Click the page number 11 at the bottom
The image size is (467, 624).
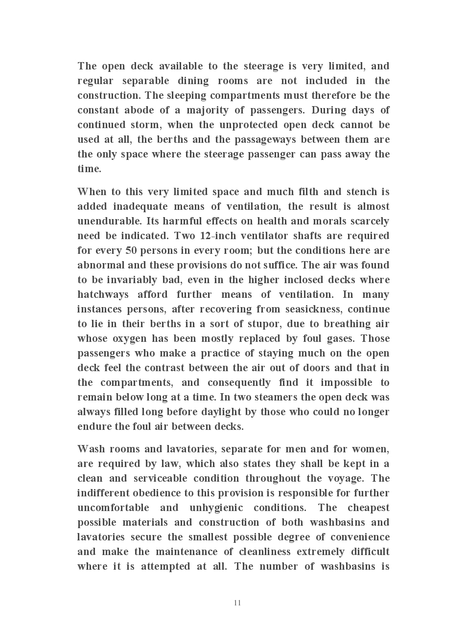[x=237, y=602]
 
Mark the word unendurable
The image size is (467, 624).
[x=110, y=221]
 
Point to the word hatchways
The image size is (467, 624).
[x=103, y=294]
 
